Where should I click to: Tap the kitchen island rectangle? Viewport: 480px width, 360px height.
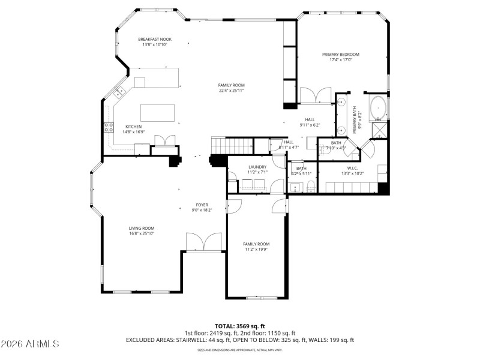coord(158,112)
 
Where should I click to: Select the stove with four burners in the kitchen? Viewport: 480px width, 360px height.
coord(110,127)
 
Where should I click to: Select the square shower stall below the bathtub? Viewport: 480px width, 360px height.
coord(380,130)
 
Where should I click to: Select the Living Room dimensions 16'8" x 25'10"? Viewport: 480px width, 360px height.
coord(142,233)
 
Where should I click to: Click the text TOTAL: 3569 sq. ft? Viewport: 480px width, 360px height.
coord(240,326)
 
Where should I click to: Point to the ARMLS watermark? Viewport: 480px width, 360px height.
coord(30,344)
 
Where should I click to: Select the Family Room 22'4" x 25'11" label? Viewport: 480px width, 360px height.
coord(231,88)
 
